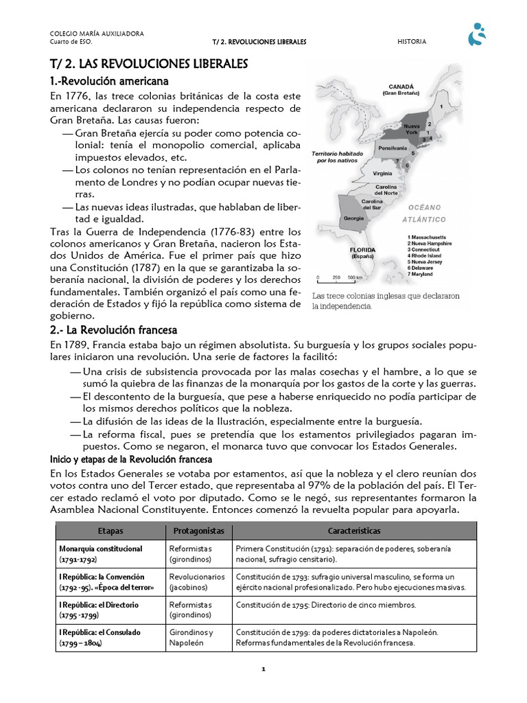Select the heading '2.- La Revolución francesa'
click(113, 330)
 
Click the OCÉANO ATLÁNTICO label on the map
click(425, 213)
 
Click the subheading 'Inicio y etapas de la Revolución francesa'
click(131, 459)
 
